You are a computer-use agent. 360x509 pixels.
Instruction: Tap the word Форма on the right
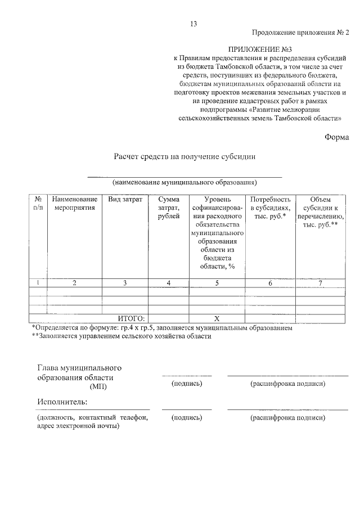tap(337, 137)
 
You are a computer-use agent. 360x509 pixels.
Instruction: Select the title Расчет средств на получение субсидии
tap(185, 157)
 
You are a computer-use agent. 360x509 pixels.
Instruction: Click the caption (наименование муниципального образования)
tap(184, 183)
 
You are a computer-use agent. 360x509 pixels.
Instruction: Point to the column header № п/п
tap(38, 204)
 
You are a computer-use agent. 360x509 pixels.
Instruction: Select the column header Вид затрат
tap(125, 200)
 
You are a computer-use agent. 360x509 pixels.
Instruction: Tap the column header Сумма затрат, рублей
tap(169, 208)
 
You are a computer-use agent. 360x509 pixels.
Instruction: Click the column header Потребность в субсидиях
tap(270, 208)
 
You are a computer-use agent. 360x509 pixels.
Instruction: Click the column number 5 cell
tap(217, 283)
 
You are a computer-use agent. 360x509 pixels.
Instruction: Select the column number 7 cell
tap(320, 283)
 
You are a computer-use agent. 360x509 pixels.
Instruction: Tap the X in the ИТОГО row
tap(217, 318)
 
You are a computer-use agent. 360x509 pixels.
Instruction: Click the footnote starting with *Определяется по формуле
tap(162, 328)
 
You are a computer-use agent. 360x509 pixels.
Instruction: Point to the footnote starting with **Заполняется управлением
tap(121, 336)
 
